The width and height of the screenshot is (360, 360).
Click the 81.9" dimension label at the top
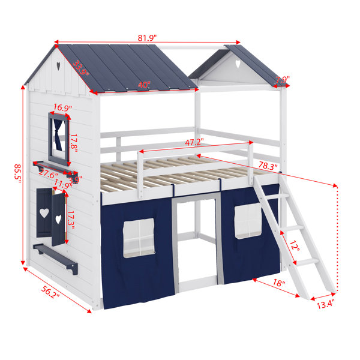click(147, 37)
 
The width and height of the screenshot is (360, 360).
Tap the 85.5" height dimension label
click(17, 173)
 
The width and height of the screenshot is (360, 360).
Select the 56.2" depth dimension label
click(50, 292)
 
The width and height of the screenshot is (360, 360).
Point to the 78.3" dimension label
click(268, 166)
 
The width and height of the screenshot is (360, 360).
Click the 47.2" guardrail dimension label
click(194, 142)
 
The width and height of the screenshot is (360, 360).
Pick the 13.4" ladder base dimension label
click(325, 304)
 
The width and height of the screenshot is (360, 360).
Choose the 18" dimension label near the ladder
click(279, 283)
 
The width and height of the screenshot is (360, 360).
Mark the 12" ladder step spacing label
click(294, 246)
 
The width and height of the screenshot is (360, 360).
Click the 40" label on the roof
click(144, 85)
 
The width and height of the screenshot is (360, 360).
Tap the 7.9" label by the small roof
click(283, 80)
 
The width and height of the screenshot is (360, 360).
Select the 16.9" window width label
click(62, 107)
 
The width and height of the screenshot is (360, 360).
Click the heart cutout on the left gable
click(58, 66)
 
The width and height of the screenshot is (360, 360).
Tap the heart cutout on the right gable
click(238, 64)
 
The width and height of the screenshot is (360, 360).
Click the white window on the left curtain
click(139, 238)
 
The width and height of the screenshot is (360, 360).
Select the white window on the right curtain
click(248, 221)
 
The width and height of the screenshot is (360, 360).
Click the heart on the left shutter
click(44, 213)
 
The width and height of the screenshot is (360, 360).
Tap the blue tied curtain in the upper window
click(58, 135)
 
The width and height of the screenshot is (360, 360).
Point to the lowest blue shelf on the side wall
click(55, 259)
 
